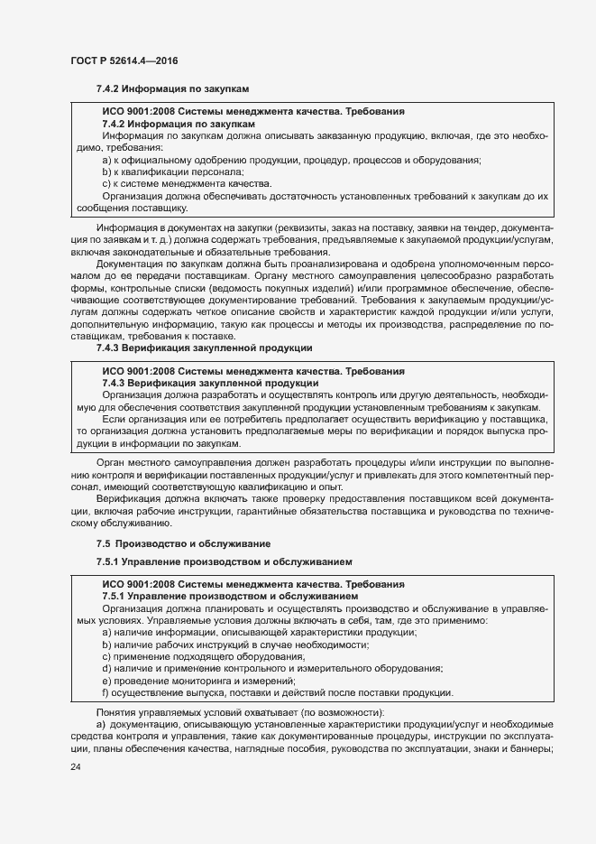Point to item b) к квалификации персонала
173,172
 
